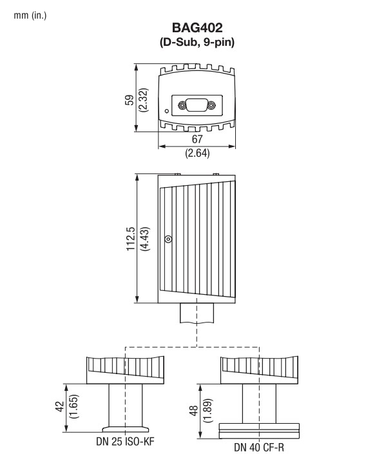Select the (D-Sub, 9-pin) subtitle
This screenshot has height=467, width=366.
pyautogui.click(x=196, y=43)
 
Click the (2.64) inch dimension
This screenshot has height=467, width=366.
pyautogui.click(x=196, y=154)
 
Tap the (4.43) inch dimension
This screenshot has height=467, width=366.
pyautogui.click(x=144, y=239)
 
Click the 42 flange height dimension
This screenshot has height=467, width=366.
pyautogui.click(x=59, y=408)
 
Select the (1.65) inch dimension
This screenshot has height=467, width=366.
pyautogui.click(x=73, y=408)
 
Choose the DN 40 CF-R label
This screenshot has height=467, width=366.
pyautogui.click(x=259, y=447)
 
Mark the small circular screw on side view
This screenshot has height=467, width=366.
pyautogui.click(x=168, y=239)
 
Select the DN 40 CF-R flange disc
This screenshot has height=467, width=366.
pyautogui.click(x=259, y=427)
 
